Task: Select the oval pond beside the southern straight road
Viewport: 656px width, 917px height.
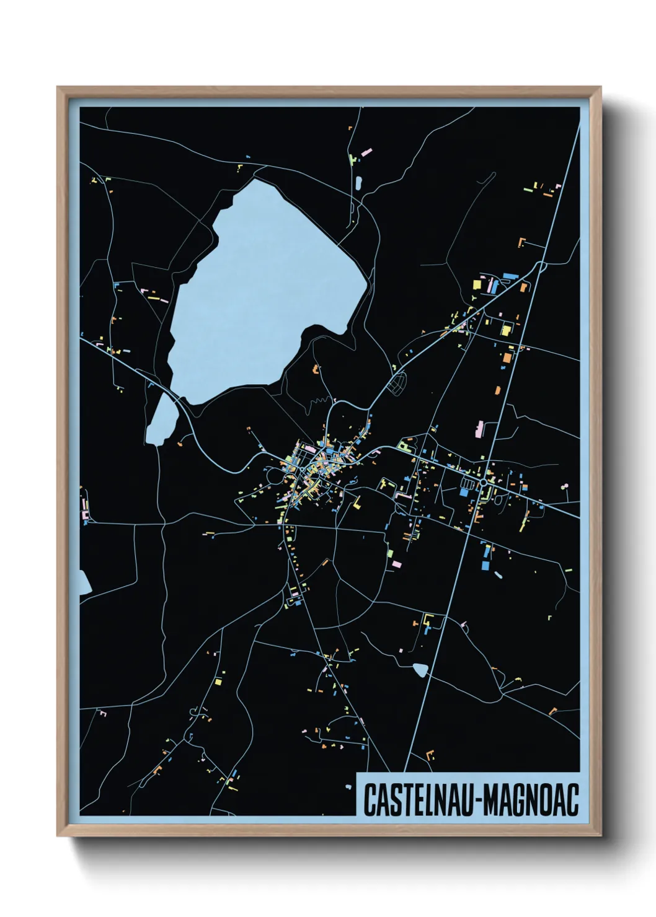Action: point(420,669)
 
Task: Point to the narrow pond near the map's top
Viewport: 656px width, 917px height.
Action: point(358,183)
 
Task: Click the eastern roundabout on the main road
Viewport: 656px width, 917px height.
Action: point(483,481)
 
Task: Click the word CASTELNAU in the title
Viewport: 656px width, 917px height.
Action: point(417,801)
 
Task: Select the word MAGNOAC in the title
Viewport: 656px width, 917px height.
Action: point(531,801)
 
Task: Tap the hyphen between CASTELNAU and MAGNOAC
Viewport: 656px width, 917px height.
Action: point(476,801)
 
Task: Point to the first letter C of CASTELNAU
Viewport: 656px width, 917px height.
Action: point(369,801)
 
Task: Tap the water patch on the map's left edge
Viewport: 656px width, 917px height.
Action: point(84,582)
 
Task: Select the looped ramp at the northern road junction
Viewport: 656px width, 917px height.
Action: point(541,266)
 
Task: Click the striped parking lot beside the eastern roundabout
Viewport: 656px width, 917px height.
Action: point(467,482)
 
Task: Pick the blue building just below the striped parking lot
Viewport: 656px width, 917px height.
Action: point(464,492)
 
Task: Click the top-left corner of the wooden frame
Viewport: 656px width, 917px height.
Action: point(58,87)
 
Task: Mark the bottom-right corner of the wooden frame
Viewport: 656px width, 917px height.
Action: point(600,835)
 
